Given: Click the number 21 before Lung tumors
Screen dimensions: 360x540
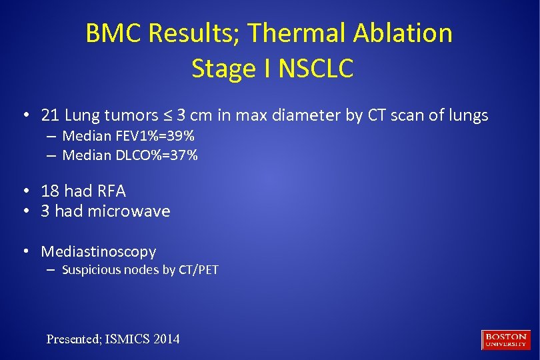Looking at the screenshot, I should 50,115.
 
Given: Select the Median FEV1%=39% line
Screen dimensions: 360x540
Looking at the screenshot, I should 128,137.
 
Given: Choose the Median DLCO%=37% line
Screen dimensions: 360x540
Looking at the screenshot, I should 130,155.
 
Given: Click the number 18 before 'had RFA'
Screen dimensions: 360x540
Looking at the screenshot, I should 50,191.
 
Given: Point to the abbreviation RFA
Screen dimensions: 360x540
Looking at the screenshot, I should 111,191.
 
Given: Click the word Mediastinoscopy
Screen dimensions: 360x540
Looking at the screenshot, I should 99,251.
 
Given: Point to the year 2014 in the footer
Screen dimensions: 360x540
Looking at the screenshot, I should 167,339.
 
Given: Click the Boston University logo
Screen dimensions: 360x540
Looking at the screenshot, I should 506,339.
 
